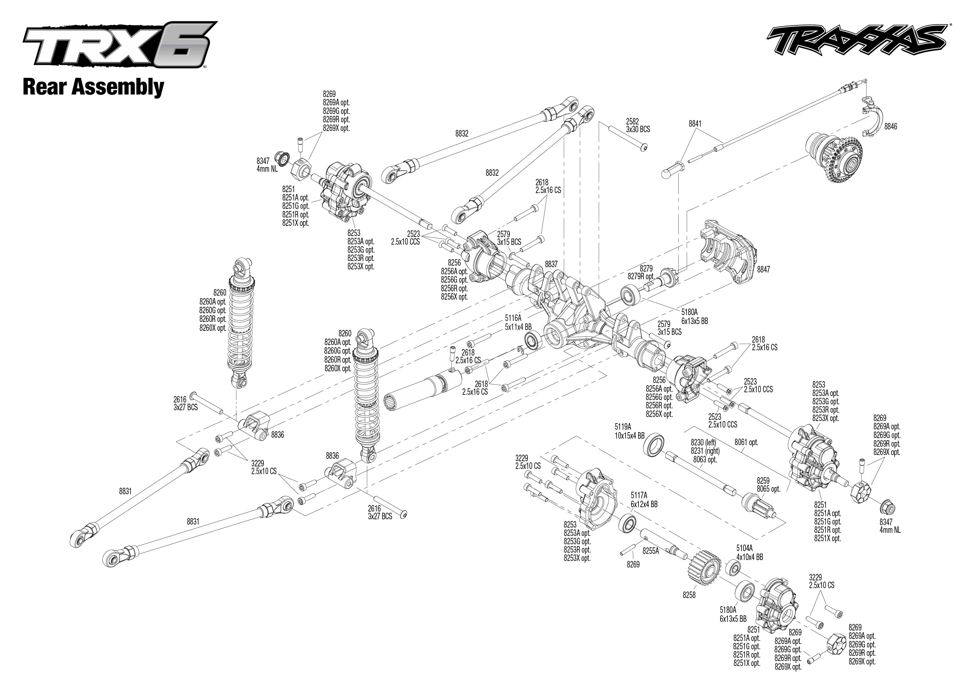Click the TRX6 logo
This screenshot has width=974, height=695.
(119, 44)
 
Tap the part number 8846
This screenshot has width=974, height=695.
(891, 127)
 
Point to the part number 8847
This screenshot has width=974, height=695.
(763, 270)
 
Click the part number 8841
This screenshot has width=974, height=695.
(695, 124)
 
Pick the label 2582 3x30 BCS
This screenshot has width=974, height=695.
(638, 125)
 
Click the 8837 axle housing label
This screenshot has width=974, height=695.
(551, 264)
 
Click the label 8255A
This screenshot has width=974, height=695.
(651, 551)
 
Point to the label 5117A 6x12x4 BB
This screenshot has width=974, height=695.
(644, 500)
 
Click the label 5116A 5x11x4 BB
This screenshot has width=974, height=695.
(517, 322)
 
